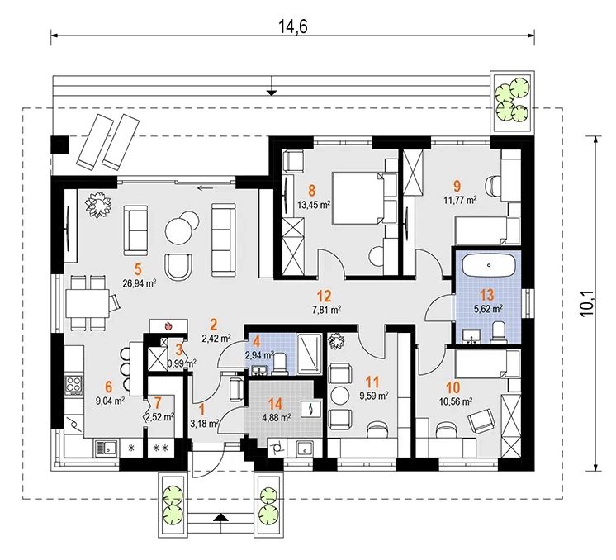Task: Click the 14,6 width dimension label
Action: [293, 26]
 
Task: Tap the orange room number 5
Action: [138, 269]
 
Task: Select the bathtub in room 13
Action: [489, 266]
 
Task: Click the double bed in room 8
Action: [358, 198]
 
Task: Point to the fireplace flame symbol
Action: [168, 325]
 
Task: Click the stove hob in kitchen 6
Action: [73, 385]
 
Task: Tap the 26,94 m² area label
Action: [140, 283]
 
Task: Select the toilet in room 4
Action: [281, 363]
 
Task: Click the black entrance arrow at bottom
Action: [221, 516]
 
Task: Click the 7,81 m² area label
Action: [326, 310]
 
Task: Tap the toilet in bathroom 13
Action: [499, 331]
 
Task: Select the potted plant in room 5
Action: [98, 204]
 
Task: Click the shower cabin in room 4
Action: [309, 354]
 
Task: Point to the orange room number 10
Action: [453, 387]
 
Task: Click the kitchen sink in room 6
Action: [106, 448]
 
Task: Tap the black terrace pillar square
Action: [59, 145]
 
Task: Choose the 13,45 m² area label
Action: [313, 205]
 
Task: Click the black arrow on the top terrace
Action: [271, 93]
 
